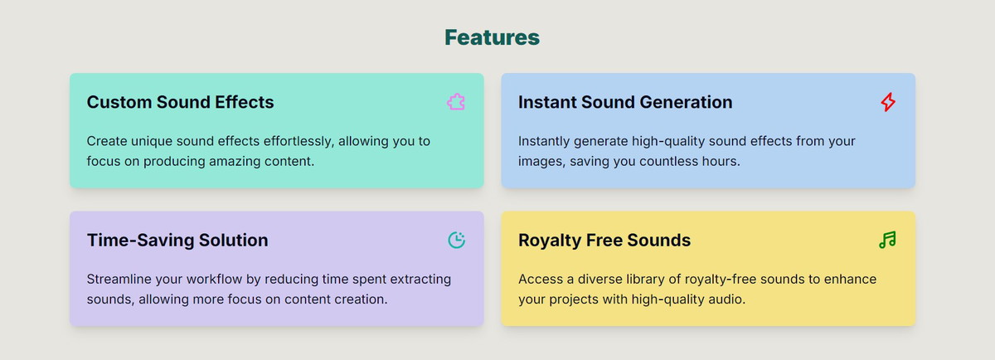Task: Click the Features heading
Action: [x=493, y=37]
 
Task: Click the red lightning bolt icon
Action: [x=888, y=102]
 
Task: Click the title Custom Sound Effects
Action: [x=181, y=102]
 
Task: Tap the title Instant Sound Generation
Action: [x=625, y=102]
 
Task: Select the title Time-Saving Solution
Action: [x=177, y=241]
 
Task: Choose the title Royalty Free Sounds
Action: [x=604, y=241]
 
